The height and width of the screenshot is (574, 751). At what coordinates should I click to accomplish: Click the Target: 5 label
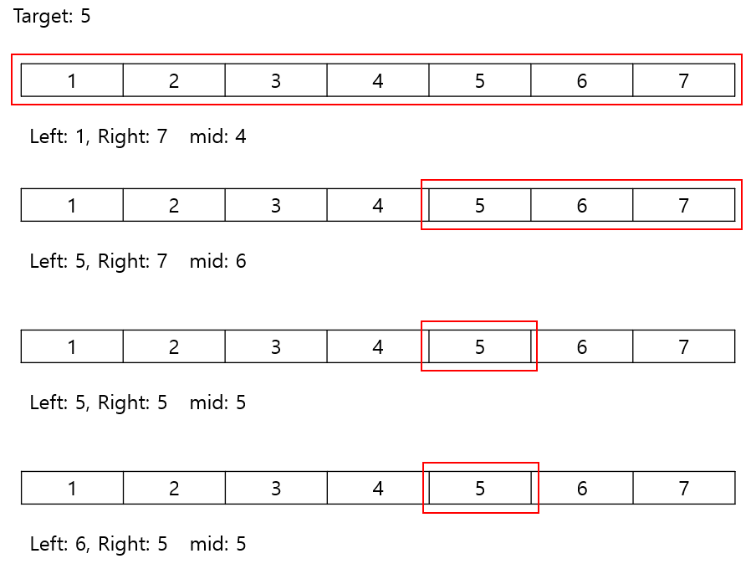coord(52,17)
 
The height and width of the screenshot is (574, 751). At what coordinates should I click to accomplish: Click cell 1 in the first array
coord(72,80)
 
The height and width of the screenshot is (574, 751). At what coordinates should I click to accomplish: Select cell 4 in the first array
coord(378,80)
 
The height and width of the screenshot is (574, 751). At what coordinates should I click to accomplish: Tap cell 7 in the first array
coord(683,80)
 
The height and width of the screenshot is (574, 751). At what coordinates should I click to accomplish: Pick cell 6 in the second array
coord(581,205)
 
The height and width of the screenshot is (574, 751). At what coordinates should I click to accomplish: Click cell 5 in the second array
coord(479,205)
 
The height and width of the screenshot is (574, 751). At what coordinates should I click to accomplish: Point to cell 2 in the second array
coord(174,205)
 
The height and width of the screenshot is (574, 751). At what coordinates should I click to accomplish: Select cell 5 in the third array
coord(479,346)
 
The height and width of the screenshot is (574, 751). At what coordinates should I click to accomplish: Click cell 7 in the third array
coord(683,346)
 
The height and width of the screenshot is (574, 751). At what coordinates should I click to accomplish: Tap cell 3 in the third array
coord(276,346)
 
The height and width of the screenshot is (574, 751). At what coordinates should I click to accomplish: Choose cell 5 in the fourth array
coord(479,488)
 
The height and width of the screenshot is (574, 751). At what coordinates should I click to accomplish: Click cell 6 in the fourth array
coord(581,488)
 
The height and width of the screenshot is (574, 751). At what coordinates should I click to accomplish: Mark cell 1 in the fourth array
coord(72,488)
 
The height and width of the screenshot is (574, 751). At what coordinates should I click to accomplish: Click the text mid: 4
coord(217,136)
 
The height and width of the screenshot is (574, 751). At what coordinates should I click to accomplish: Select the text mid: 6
coord(217,261)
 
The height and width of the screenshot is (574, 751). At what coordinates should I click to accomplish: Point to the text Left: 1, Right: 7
coord(99,136)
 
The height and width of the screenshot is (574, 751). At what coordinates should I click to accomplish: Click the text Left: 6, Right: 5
coord(99,544)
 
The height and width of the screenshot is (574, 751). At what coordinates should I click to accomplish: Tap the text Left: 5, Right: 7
coord(99,261)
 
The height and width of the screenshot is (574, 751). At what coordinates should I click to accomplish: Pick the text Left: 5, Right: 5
coord(99,402)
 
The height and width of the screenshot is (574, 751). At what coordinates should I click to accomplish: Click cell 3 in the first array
coord(276,80)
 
